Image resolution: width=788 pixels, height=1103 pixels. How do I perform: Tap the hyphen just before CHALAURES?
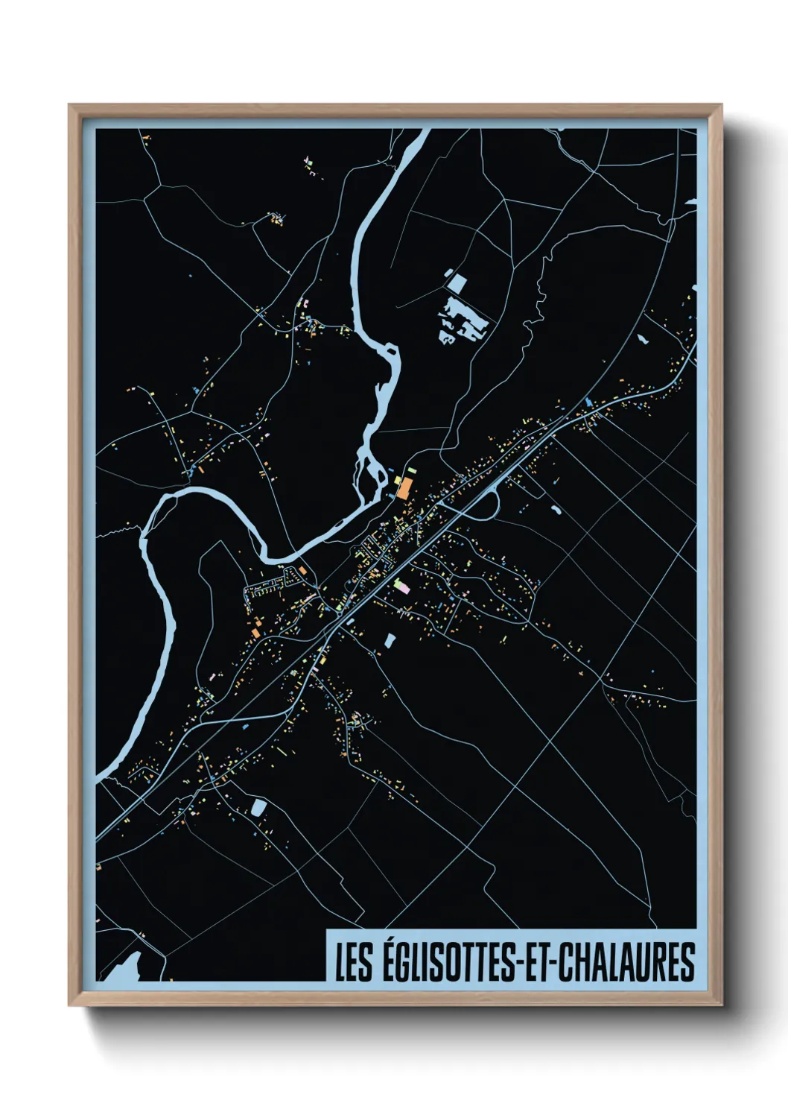[x=553, y=963]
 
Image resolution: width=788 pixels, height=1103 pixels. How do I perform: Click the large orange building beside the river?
[x=403, y=489]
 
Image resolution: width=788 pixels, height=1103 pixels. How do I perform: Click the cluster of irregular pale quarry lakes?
[x=463, y=322]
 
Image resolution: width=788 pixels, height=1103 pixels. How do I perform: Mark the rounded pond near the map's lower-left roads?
[x=258, y=807]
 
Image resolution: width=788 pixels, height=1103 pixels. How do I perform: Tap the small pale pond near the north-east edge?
[x=643, y=339]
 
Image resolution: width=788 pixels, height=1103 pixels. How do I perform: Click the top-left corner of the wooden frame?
[x=70, y=106]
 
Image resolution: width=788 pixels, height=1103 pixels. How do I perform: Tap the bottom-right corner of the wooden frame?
[x=721, y=1005]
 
